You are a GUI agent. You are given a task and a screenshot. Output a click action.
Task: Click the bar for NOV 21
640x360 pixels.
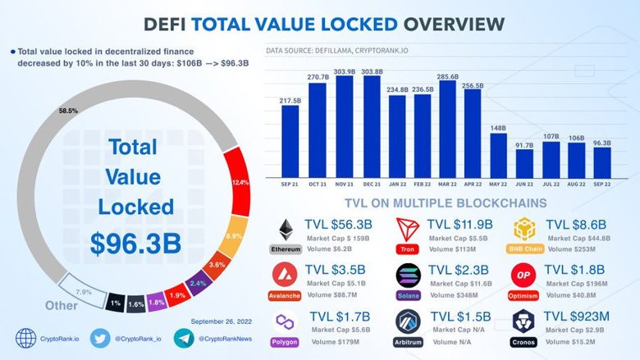[344, 126]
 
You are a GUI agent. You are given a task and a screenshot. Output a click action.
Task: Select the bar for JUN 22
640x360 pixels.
[525, 163]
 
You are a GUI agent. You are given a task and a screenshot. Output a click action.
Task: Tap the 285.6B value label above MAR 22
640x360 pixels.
[447, 75]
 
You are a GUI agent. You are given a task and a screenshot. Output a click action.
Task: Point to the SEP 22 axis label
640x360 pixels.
[601, 185]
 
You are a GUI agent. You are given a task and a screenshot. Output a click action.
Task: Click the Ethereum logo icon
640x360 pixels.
[286, 230]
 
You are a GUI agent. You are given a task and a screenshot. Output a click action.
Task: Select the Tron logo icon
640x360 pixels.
[408, 230]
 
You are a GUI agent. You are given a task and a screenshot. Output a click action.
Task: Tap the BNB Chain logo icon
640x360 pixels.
[525, 230]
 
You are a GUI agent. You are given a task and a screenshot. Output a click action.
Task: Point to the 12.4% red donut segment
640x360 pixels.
[240, 181]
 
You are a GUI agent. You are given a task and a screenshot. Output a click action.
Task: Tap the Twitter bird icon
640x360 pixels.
[100, 338]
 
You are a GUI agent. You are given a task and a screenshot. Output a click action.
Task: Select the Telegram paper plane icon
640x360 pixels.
[184, 338]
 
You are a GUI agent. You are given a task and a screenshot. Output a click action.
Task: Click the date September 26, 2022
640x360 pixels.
[222, 321]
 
